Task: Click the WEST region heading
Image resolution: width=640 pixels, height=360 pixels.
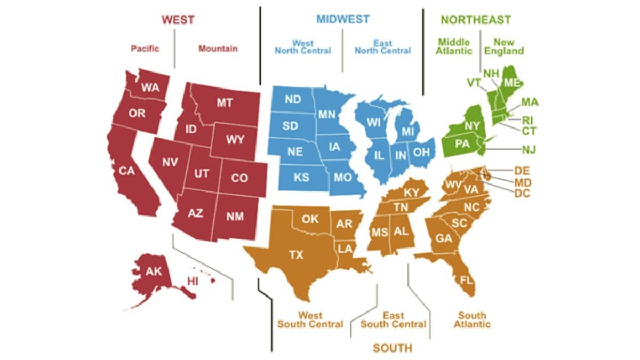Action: pos(178,20)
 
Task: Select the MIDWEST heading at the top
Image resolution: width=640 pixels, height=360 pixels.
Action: pos(342,19)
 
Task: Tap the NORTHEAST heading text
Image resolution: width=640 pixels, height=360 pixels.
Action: pos(476,20)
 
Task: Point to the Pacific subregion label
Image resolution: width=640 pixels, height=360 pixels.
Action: pos(145,49)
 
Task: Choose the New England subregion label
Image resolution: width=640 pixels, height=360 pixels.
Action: pos(503,47)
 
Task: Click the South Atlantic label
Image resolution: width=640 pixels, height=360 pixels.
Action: pos(472,320)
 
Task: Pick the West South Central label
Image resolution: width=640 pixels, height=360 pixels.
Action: pos(310,320)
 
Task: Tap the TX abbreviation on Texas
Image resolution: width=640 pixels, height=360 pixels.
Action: pos(296,255)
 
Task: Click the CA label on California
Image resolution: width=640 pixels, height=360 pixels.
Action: pos(127,171)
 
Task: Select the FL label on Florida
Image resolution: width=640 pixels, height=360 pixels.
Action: pos(467,280)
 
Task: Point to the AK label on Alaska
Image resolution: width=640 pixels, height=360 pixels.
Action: pos(154,271)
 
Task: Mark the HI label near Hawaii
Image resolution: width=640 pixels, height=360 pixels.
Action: pos(193,281)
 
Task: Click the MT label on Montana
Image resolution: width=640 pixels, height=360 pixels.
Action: pos(224,103)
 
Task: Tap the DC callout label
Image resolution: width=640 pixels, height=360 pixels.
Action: pos(523,194)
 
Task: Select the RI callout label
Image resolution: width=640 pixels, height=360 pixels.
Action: pos(527,120)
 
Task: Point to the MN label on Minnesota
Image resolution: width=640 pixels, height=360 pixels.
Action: pos(326,114)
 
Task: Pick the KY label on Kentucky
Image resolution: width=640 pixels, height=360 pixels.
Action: pos(411,192)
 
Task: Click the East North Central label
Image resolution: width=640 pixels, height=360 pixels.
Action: pos(382,47)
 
